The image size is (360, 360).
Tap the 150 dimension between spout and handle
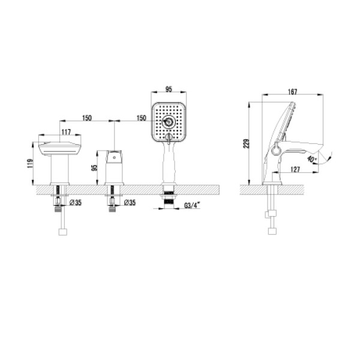pyautogui.click(x=87, y=119)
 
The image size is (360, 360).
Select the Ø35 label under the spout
pyautogui.click(x=76, y=203)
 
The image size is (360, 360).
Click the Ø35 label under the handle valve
pyautogui.click(x=130, y=203)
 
